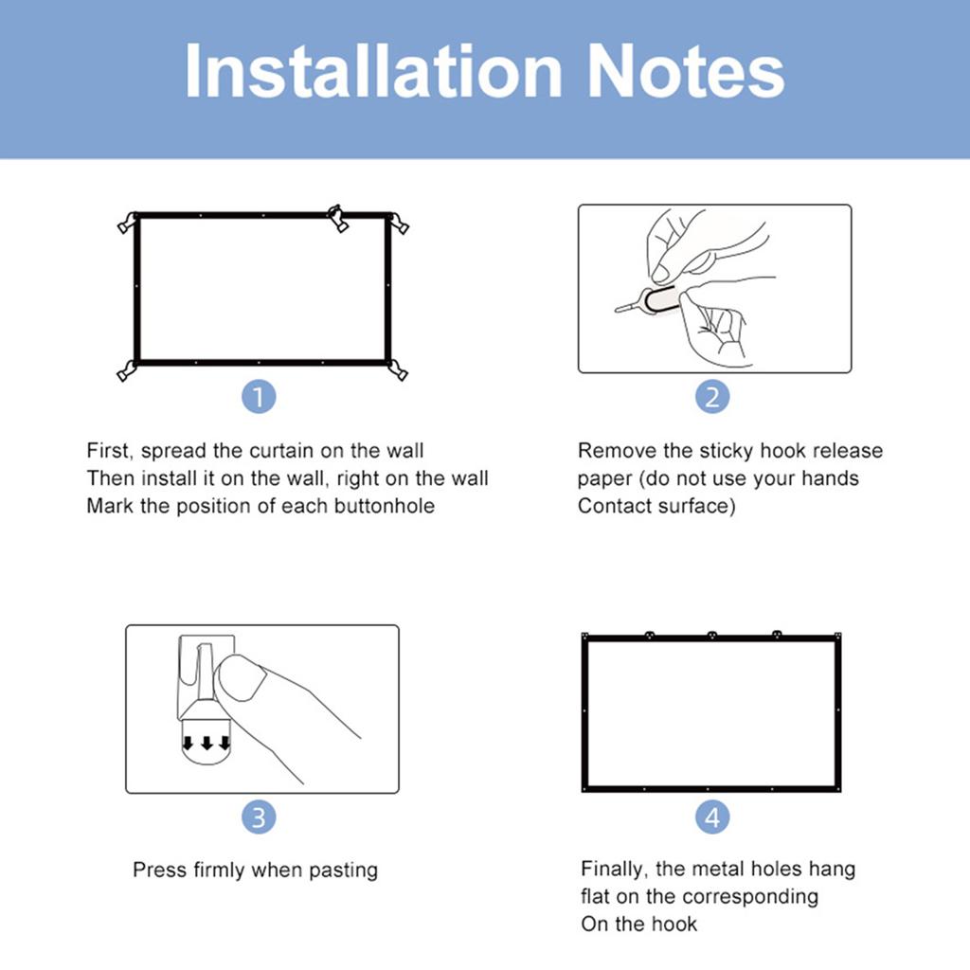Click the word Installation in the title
point(374,72)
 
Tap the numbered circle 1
point(259,395)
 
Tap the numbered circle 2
point(712,395)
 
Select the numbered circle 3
point(259,816)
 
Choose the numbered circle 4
point(712,816)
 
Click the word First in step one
point(109,451)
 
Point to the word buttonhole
point(384,506)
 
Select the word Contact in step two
point(615,506)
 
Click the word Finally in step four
point(616,869)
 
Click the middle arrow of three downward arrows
point(207,743)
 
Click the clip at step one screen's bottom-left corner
point(126,371)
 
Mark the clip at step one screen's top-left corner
point(126,224)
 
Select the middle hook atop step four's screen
point(711,635)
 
